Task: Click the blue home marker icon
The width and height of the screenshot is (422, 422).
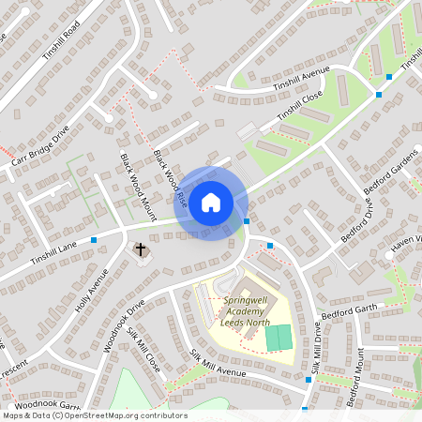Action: [x=211, y=203]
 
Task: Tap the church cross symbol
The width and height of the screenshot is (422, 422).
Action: [x=141, y=249]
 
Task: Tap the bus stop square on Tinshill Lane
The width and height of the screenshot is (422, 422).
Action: [x=94, y=241]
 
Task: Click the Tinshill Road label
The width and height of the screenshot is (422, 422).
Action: [x=63, y=39]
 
